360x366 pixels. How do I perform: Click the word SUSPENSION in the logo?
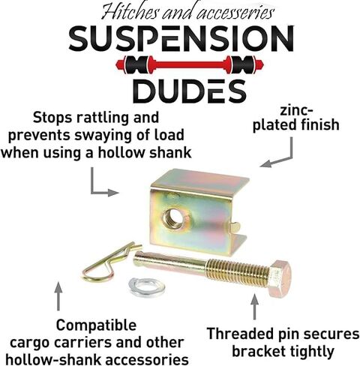click(181, 39)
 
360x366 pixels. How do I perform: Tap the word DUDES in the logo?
click(190, 91)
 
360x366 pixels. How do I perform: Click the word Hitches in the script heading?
click(130, 12)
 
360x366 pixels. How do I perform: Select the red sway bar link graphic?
click(190, 64)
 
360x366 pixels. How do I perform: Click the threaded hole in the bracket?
click(173, 218)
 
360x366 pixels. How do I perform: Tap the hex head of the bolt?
click(280, 278)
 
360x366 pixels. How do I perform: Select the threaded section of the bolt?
click(238, 272)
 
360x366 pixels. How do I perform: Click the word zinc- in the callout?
click(296, 111)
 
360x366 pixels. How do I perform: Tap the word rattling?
click(103, 118)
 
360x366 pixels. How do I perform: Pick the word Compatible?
click(96, 325)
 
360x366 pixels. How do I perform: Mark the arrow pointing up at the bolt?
click(254, 307)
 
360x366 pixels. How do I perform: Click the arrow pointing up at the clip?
click(58, 296)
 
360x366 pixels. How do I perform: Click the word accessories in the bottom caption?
click(147, 360)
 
